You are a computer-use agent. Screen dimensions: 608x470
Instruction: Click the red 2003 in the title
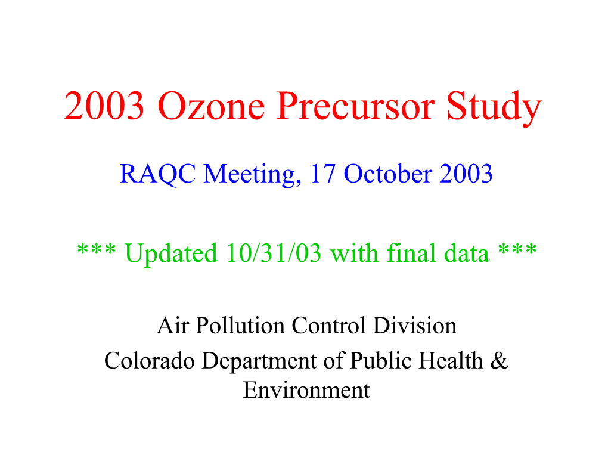[x=104, y=106]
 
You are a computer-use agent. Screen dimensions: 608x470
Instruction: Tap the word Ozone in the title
[x=212, y=106]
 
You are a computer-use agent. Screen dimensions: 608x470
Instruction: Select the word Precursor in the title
[x=356, y=106]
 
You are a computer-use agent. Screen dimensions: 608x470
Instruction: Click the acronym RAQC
[x=158, y=174]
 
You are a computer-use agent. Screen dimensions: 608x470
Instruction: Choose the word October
[x=388, y=173]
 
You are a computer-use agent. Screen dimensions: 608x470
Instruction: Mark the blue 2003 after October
[x=466, y=174]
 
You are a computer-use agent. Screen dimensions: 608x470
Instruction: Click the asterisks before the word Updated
[x=96, y=249]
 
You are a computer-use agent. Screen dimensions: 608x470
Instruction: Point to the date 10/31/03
[x=274, y=253]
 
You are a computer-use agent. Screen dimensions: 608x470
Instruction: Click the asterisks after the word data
[x=517, y=249]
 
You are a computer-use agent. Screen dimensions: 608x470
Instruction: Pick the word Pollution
[x=240, y=325]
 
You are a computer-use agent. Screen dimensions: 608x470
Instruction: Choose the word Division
[x=414, y=325]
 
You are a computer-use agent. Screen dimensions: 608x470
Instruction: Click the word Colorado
[x=149, y=361]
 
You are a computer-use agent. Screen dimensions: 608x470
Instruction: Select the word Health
[x=451, y=361]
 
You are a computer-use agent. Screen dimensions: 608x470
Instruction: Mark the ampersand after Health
[x=499, y=361]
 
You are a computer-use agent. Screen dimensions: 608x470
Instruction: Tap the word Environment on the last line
[x=307, y=390]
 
